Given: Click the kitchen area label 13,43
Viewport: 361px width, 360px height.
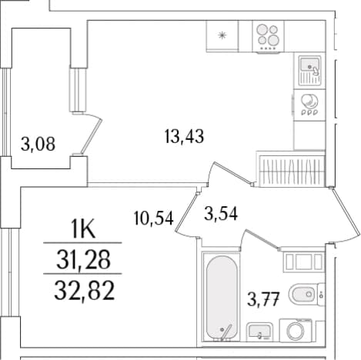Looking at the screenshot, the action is coord(184,136).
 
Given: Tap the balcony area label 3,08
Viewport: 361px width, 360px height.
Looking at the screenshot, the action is coord(38,145).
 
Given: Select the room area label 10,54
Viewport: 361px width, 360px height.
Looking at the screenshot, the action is coord(154,218).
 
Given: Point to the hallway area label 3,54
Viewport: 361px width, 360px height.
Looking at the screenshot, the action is coord(221,214).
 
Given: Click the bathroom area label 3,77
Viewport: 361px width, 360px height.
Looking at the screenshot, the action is coord(263,299).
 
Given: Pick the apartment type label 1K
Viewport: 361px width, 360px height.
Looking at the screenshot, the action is coord(84,229).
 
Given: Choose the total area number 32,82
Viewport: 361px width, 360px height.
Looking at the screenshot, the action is coord(84,291).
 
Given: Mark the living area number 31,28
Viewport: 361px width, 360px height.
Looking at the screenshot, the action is coord(83,259).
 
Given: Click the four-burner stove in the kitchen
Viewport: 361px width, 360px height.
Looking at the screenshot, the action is coord(268,37).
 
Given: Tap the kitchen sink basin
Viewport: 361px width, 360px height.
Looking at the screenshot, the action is coord(309,65).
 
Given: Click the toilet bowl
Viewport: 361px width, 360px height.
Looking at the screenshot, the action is coord(303,295).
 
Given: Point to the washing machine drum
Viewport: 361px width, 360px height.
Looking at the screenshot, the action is coord(296,331).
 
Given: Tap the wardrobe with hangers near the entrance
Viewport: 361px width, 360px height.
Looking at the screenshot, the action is coord(291,169).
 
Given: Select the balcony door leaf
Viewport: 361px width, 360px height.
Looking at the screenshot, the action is coord(91,137).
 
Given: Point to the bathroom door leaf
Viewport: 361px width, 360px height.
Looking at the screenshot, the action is coord(262,239).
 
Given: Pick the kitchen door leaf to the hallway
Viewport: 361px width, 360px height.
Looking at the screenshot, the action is coord(233,173).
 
